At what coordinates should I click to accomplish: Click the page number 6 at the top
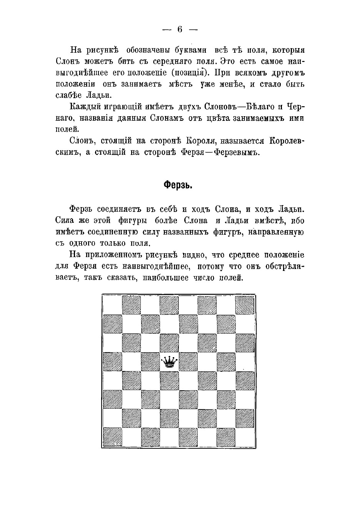point(179,30)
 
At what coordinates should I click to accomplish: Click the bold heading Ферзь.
point(178,185)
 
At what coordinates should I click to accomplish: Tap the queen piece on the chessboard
point(169,362)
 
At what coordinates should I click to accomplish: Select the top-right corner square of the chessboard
point(245,305)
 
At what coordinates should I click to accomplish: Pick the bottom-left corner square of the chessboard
point(113,437)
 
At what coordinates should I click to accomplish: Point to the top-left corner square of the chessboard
point(113,305)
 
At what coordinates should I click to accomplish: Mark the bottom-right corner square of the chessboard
point(245,437)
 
